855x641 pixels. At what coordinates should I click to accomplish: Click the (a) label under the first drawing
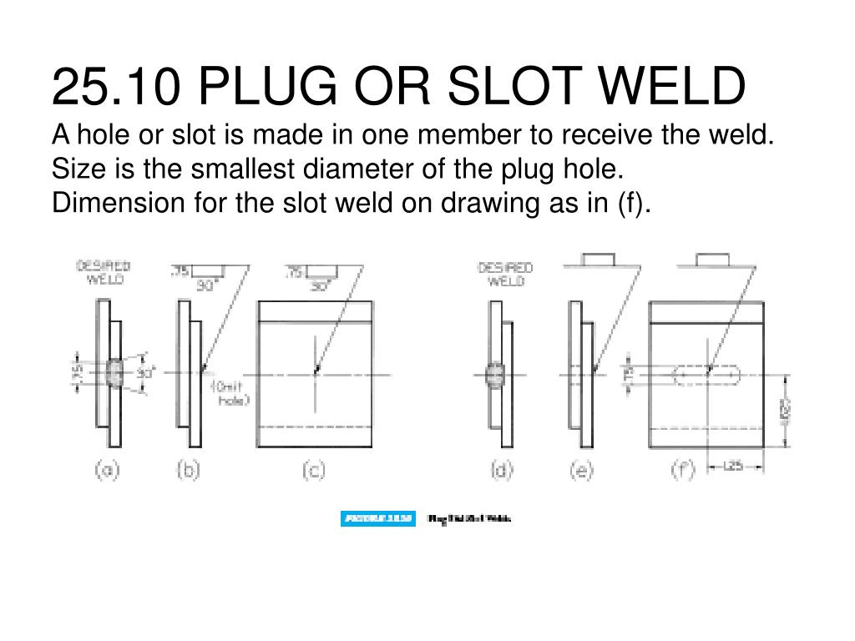click(x=106, y=471)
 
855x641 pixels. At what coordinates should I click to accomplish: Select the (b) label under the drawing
click(x=189, y=471)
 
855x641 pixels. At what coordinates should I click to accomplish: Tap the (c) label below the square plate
click(x=313, y=471)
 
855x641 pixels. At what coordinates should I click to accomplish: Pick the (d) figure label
click(x=501, y=471)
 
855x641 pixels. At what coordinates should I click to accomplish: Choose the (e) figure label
click(x=581, y=471)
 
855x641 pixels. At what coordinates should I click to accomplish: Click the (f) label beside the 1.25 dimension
click(x=683, y=470)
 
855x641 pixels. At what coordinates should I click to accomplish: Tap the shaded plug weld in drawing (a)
click(x=114, y=373)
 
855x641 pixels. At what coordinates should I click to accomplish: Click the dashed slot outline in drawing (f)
click(x=708, y=376)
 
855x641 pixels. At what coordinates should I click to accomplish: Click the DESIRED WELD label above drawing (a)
click(x=104, y=273)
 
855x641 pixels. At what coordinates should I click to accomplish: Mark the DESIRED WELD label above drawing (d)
click(x=505, y=274)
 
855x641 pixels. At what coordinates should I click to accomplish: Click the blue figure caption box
click(x=377, y=518)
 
